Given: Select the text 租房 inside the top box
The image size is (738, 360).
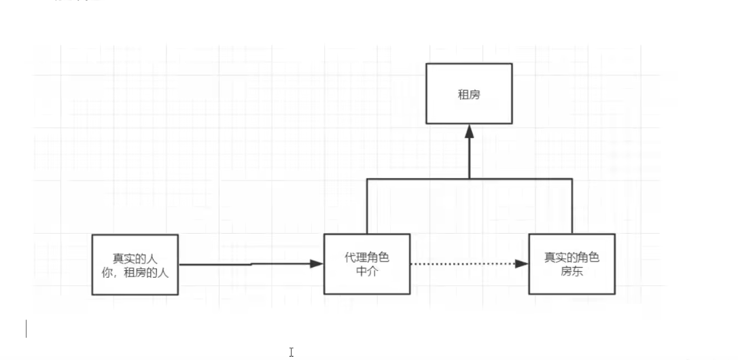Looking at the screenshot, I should [x=469, y=95].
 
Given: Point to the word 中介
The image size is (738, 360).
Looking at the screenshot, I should [x=367, y=271].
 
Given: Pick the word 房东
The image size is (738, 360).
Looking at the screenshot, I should [x=572, y=271].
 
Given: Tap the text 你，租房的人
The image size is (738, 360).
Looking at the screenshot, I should [x=135, y=271].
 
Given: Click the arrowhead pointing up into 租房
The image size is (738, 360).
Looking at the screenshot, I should [x=469, y=132].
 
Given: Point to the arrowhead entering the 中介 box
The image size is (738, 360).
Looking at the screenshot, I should [x=317, y=264].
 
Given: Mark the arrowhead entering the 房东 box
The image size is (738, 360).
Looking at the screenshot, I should [x=522, y=264].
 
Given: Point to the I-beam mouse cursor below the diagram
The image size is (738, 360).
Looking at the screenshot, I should [x=291, y=352].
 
